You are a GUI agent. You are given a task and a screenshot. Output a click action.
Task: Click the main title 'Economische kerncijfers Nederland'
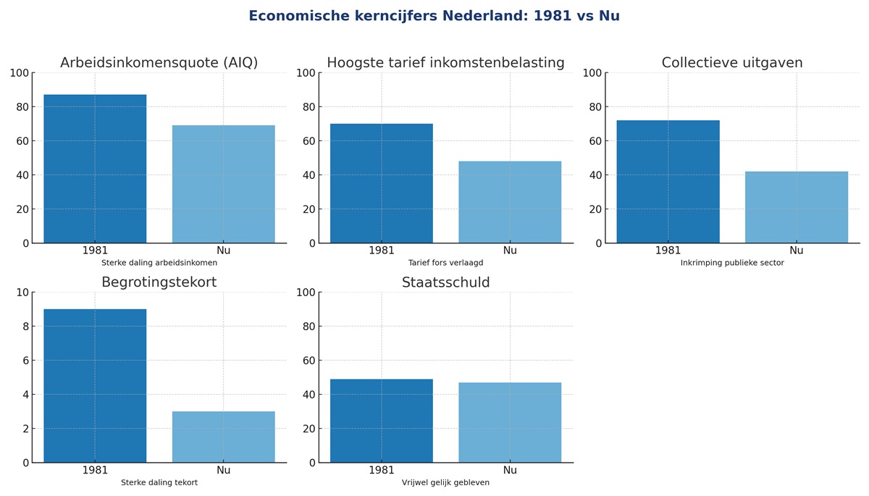click(x=434, y=16)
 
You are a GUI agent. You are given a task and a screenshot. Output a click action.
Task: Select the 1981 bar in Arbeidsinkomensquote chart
click(x=95, y=169)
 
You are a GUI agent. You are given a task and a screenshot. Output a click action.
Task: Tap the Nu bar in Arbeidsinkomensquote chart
click(x=223, y=184)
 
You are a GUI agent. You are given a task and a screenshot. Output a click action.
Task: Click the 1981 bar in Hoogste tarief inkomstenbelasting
click(x=382, y=183)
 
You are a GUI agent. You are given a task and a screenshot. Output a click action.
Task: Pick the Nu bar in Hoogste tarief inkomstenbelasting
click(x=510, y=202)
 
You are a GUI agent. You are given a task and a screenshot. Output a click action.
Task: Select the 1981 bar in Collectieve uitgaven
click(x=668, y=182)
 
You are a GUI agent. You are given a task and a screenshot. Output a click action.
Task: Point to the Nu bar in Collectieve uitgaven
click(x=797, y=207)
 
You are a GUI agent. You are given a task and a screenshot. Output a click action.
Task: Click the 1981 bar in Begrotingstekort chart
click(x=95, y=386)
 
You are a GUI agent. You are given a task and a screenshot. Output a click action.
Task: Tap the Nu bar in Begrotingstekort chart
click(x=223, y=437)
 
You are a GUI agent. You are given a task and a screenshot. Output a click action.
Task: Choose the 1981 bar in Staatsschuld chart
click(x=382, y=421)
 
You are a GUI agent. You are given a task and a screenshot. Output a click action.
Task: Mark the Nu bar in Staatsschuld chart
click(x=510, y=422)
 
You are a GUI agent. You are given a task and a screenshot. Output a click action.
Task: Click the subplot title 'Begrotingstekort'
click(x=159, y=282)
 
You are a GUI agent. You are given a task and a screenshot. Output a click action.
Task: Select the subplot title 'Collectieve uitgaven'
click(x=732, y=63)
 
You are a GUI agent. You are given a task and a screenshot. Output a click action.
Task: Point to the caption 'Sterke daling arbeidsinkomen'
click(x=159, y=263)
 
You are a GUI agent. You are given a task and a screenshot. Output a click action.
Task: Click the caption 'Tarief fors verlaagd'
click(x=445, y=263)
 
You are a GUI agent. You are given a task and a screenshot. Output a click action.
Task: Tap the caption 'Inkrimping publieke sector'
click(x=732, y=263)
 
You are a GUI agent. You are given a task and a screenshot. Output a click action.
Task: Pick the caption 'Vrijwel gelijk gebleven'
click(x=445, y=482)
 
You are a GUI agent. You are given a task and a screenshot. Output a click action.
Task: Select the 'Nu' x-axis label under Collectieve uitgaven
click(x=797, y=251)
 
